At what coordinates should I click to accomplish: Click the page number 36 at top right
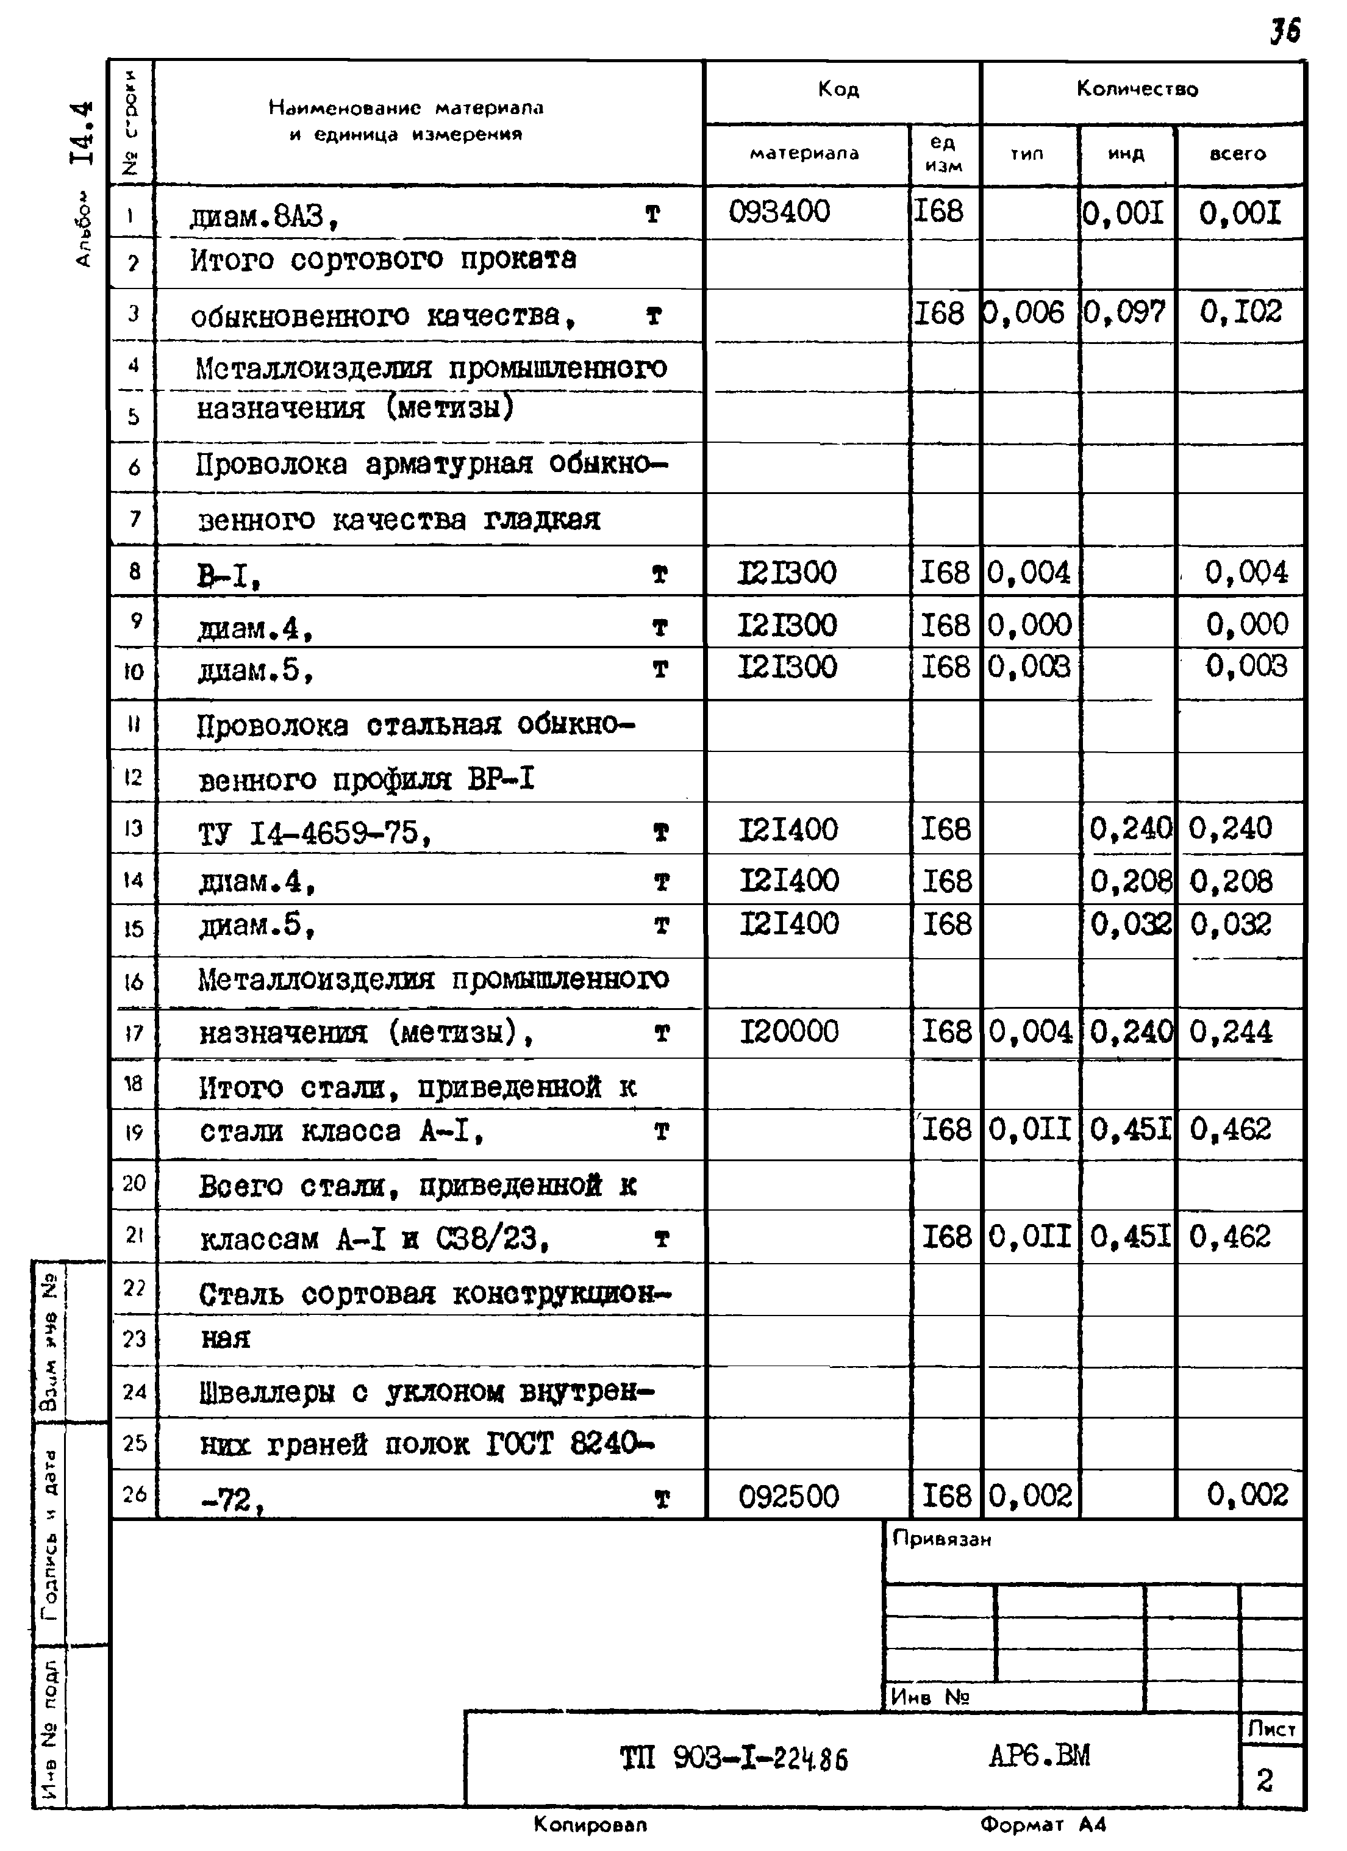click(1284, 31)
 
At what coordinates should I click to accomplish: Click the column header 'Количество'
click(1137, 89)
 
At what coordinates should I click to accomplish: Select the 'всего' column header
click(1238, 154)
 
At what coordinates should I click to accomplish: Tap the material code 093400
click(779, 212)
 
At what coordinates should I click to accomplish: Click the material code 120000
click(789, 1031)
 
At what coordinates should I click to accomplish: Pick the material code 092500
click(789, 1497)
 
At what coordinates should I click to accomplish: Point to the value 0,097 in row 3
click(1125, 313)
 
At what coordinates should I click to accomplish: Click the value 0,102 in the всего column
click(1241, 312)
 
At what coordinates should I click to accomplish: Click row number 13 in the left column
click(134, 828)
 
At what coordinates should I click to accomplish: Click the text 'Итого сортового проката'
click(384, 260)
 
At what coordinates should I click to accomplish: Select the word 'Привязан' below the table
click(941, 1539)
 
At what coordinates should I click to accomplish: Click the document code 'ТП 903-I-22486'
click(734, 1758)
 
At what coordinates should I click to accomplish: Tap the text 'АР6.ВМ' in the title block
click(1040, 1755)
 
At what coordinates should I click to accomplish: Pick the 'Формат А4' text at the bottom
click(1043, 1824)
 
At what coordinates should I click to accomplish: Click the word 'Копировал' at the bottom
click(590, 1824)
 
